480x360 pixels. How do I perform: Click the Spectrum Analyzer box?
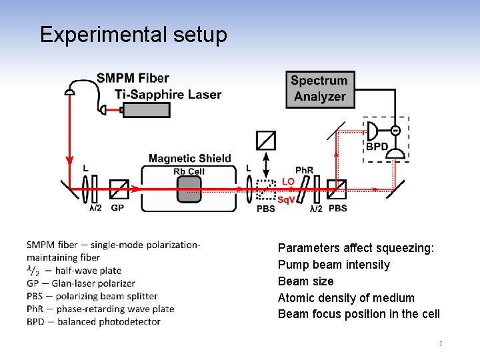click(320, 89)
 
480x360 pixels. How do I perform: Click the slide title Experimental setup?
click(133, 35)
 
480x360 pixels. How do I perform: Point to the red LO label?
click(288, 181)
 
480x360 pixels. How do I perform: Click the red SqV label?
click(286, 200)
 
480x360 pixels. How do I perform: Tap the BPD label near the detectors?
click(377, 147)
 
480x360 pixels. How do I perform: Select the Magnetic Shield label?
click(189, 159)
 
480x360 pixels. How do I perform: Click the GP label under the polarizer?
click(117, 208)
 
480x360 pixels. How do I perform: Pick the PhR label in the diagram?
click(304, 171)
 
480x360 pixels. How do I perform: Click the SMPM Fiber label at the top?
click(133, 78)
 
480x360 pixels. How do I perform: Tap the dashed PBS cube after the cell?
click(266, 189)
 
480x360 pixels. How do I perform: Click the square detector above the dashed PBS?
click(266, 140)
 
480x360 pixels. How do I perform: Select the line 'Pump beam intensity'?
click(333, 265)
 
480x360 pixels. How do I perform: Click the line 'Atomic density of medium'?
click(346, 298)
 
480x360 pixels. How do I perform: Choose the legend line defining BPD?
click(93, 321)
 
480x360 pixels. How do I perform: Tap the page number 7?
click(441, 344)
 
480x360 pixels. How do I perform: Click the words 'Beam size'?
click(305, 281)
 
